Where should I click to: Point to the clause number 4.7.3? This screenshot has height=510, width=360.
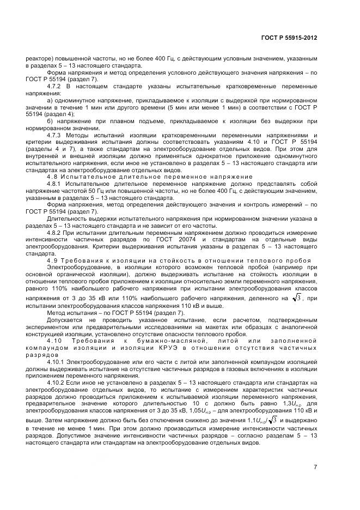[55, 135]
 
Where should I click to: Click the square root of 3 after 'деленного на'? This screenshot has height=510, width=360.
[296, 297]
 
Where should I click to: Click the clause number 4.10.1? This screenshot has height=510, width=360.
[57, 362]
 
